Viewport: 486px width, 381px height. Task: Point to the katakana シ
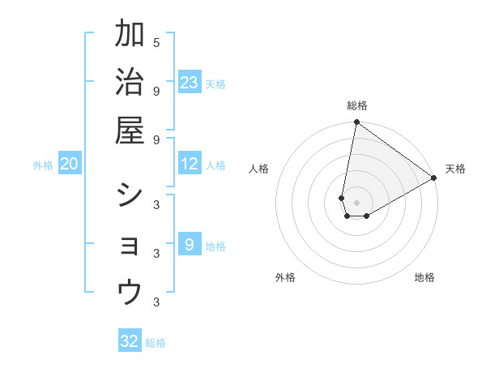click(x=130, y=195)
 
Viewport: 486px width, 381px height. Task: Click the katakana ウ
click(x=130, y=292)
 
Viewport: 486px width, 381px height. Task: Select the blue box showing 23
click(x=190, y=82)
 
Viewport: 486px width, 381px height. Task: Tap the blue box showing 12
click(x=190, y=164)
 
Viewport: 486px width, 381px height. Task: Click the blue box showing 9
click(x=190, y=244)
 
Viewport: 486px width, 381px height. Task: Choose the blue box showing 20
click(x=70, y=164)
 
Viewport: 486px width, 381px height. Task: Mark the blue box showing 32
click(x=130, y=340)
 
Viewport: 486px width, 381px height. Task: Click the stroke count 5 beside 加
click(x=156, y=42)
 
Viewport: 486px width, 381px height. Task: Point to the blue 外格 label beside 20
click(x=43, y=165)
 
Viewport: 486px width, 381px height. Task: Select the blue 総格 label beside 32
click(x=156, y=343)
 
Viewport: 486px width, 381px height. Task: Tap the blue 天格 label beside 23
click(x=215, y=84)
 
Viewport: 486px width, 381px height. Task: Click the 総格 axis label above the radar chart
click(x=357, y=106)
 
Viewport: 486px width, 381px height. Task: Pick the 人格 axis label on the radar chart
click(x=259, y=169)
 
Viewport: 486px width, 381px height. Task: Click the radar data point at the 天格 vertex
click(x=434, y=178)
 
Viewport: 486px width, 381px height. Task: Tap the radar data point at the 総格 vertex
click(x=356, y=122)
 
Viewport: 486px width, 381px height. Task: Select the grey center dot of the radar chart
click(x=356, y=203)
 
